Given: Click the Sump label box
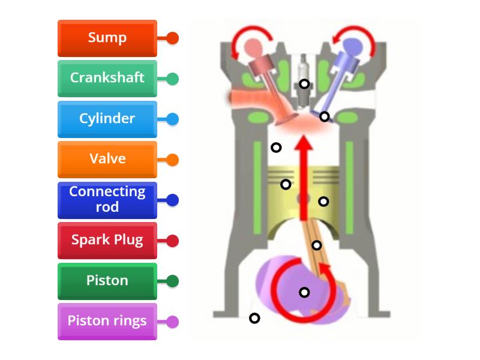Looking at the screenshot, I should pos(107,38).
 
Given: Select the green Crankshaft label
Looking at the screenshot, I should pos(107,78).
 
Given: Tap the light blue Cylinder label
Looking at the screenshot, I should pos(107,119).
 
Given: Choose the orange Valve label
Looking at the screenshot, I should pos(107,159).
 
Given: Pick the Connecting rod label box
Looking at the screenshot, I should pos(107,200).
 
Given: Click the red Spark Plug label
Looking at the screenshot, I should pos(107,240).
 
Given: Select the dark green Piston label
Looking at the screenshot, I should pos(107,281).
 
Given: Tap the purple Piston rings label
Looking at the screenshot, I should pos(107,321).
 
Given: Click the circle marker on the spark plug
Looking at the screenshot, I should pos(305,84).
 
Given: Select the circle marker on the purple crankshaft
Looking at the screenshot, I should pos(304,292).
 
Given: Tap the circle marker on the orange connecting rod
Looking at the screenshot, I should pos(317,245).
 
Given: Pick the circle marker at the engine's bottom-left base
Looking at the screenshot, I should pos(254,318).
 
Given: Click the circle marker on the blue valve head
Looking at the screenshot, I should pos(325,116).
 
